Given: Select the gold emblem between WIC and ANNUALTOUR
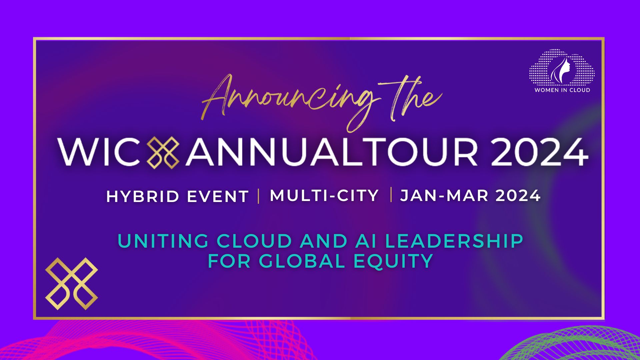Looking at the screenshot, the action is pos(163,152).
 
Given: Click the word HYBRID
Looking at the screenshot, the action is pos(143,196).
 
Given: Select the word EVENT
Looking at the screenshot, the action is pos(218,196).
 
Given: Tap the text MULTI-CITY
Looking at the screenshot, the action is pos(324,196).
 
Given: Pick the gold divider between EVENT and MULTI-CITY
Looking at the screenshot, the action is pos(259,196).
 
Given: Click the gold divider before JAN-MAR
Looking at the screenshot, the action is pos(391,195).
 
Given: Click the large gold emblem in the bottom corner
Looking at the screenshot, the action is pos(72,284).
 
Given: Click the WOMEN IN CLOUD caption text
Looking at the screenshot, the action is pos(562,90).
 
